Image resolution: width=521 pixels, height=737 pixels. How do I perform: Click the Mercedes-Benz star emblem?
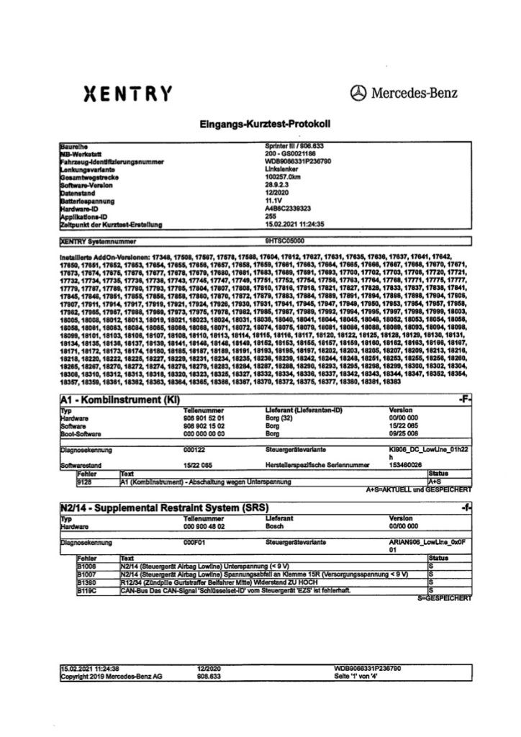tap(358, 92)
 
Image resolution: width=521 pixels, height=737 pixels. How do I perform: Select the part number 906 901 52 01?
tap(205, 417)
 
